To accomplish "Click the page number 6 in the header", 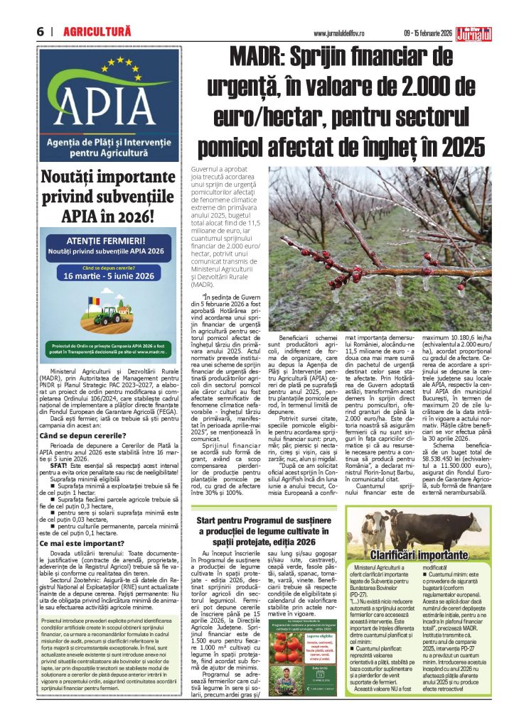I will (41, 32).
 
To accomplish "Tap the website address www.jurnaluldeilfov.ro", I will (343, 33).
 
